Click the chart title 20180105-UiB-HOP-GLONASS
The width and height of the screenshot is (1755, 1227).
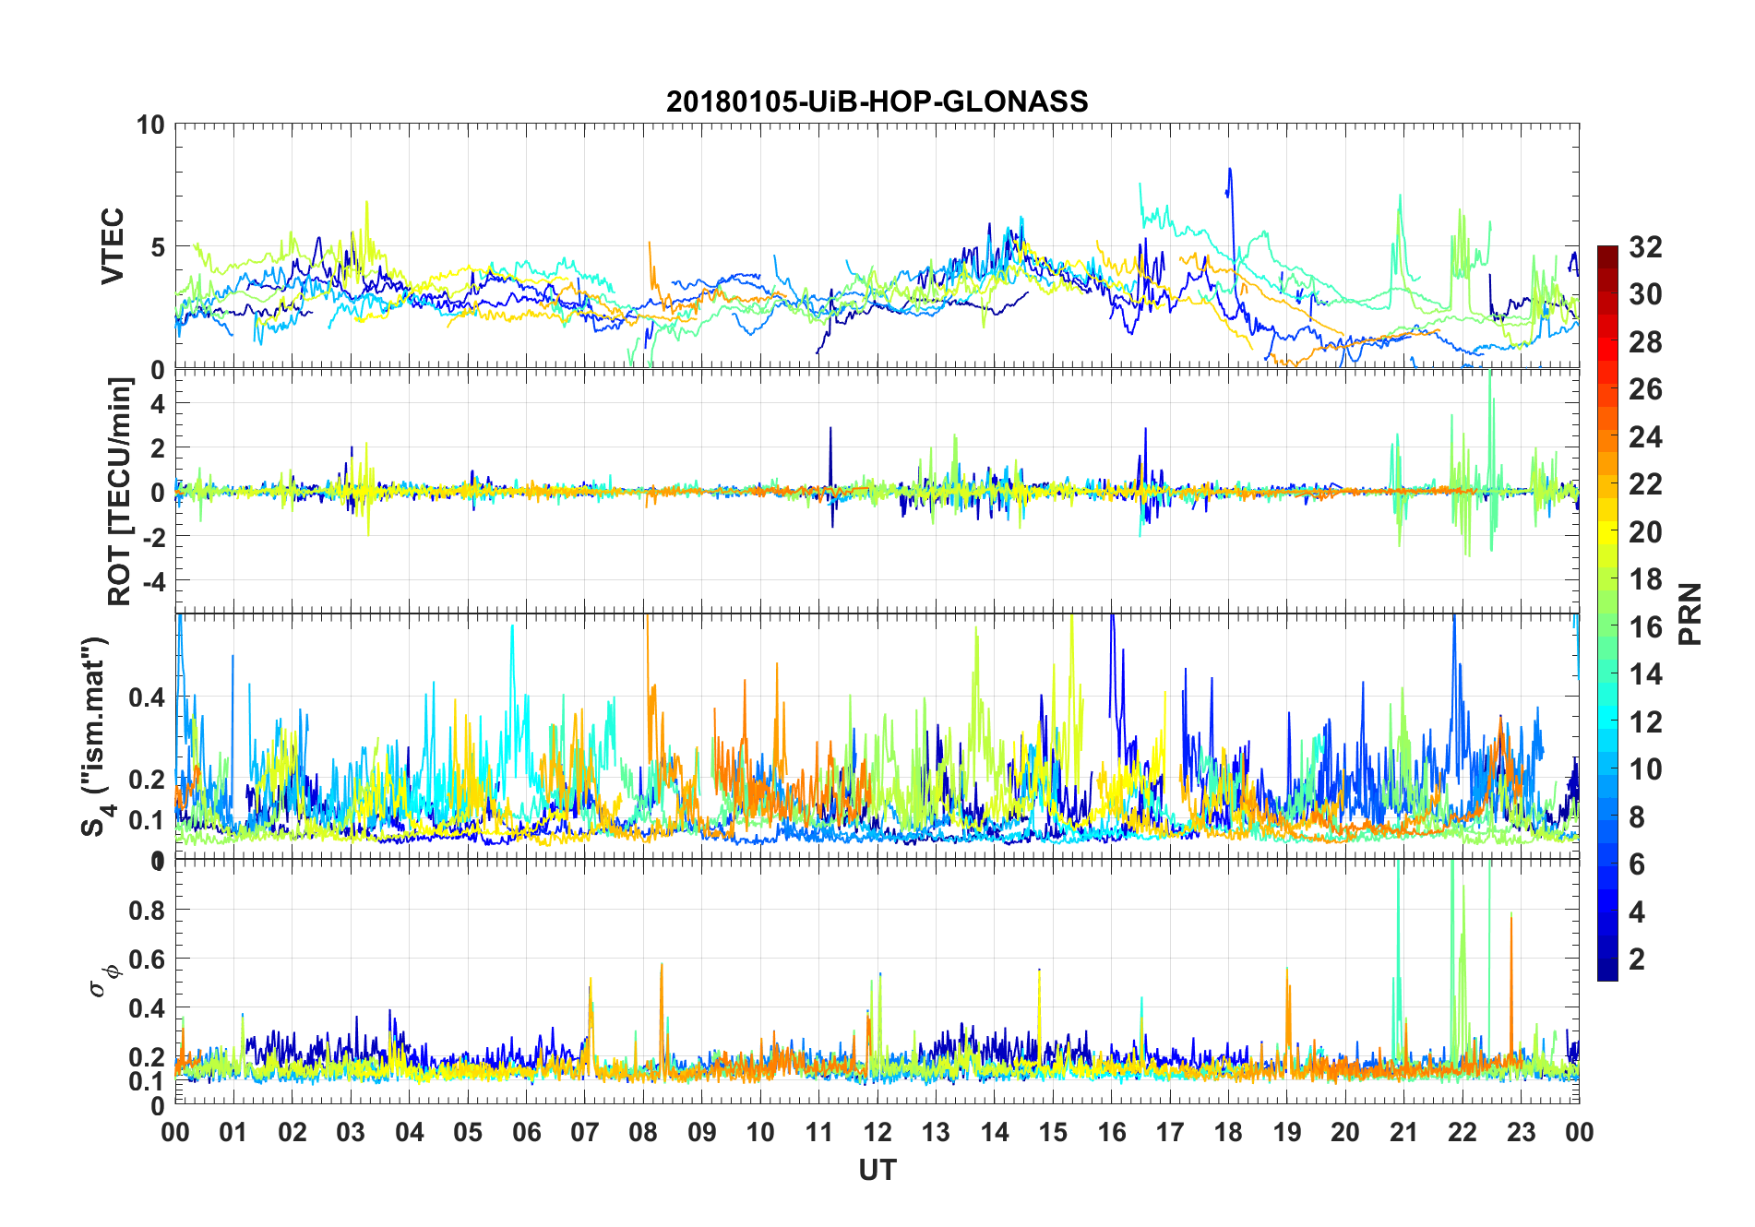pos(877,101)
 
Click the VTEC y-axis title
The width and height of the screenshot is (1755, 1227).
pos(113,246)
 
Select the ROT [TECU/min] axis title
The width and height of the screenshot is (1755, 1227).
pos(120,491)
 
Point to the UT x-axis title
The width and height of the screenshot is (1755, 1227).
pos(877,1170)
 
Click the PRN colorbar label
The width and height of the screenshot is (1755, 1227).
pos(1689,613)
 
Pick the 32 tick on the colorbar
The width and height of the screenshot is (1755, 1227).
pos(1645,246)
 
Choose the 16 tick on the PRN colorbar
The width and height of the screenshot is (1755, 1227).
pos(1645,627)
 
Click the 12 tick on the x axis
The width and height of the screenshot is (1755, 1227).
pos(877,1132)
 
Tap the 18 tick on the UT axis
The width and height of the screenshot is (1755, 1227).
pos(1228,1132)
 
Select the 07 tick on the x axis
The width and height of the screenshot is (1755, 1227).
pos(585,1132)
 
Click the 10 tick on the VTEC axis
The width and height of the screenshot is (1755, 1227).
pos(150,125)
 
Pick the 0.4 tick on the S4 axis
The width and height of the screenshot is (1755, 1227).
pos(147,697)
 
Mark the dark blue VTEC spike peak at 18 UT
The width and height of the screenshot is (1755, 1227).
pos(1230,169)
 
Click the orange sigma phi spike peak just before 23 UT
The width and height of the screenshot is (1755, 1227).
pos(1511,914)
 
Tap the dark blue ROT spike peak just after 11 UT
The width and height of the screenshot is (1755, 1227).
pos(830,428)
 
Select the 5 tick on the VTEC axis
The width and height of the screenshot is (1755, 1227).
pos(158,247)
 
